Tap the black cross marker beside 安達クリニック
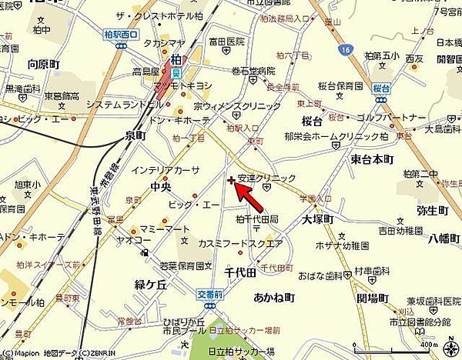click(232, 180)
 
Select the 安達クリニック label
click(266, 178)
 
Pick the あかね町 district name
click(273, 297)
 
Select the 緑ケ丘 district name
click(152, 284)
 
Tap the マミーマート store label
click(165, 229)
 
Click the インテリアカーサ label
click(166, 170)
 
